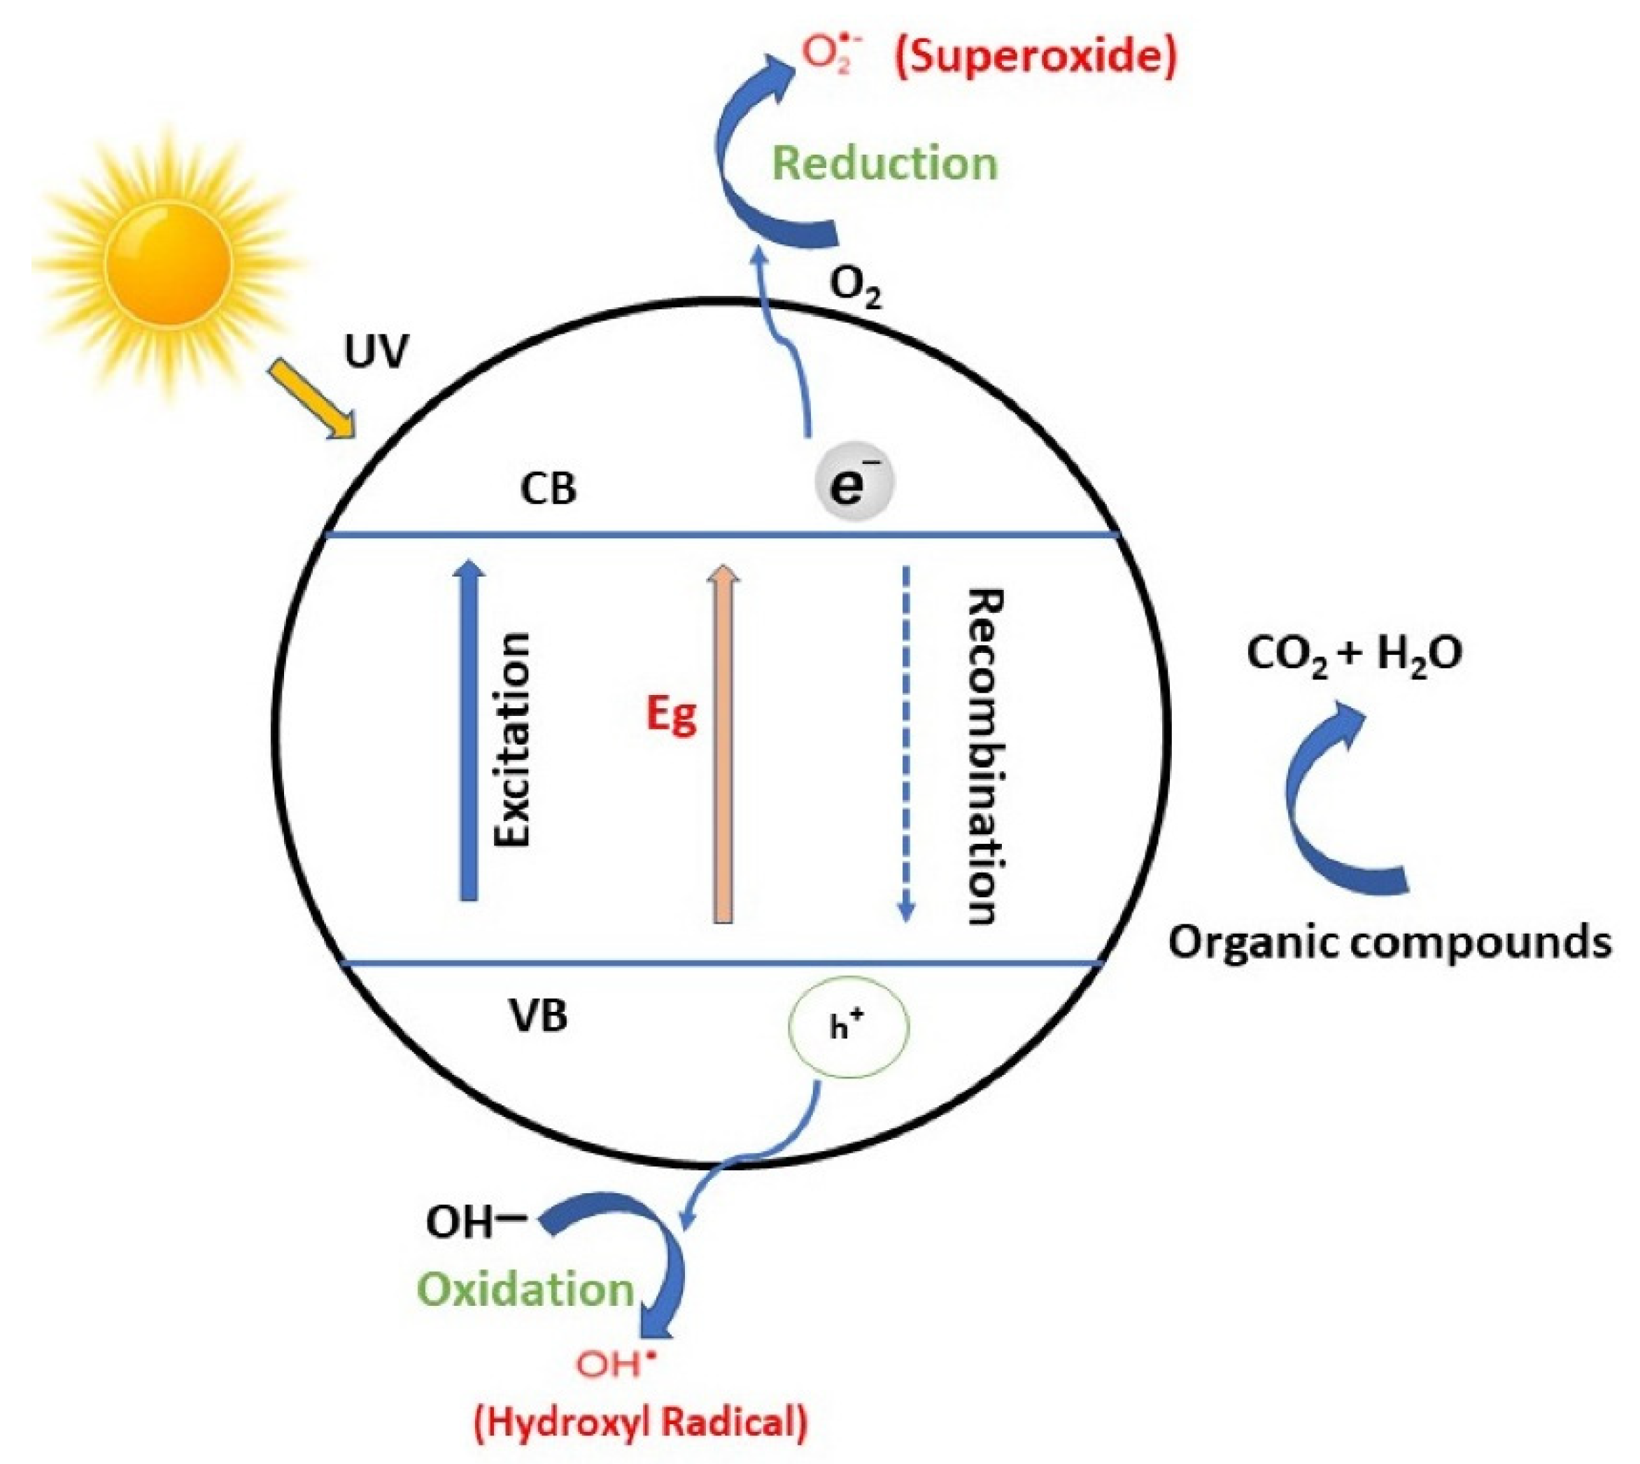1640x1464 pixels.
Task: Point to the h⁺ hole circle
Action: (849, 1027)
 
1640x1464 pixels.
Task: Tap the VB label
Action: (539, 1016)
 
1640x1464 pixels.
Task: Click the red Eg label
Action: (672, 715)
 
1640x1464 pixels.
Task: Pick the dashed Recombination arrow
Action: (907, 744)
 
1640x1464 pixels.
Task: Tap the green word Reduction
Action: (885, 163)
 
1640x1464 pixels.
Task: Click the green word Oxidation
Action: (528, 1290)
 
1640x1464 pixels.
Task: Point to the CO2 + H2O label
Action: (1355, 654)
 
